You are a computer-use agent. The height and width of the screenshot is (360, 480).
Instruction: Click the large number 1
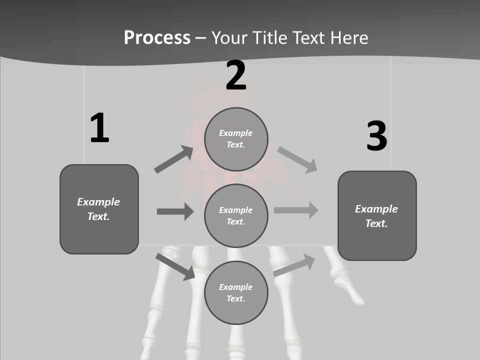tap(99, 128)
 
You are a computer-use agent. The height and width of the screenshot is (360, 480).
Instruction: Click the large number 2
tap(236, 75)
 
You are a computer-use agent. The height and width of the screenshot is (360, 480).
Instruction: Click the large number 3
tap(376, 136)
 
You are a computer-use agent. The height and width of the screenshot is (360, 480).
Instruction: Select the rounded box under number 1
tap(99, 209)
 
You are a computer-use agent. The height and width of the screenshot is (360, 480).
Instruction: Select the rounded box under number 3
tap(377, 216)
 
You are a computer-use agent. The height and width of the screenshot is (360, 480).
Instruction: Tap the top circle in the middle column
tap(236, 139)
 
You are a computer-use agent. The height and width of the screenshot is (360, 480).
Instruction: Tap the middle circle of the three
tap(236, 215)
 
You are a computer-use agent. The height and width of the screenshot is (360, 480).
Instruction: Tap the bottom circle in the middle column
tap(236, 292)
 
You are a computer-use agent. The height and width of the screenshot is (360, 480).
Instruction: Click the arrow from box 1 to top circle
tap(173, 159)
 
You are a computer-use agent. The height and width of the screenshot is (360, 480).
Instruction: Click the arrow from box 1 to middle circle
tap(175, 211)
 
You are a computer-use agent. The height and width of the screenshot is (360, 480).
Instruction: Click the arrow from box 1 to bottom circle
tap(175, 266)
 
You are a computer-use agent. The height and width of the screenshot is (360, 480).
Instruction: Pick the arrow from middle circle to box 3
tap(296, 210)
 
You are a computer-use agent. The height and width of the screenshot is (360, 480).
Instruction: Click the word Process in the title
tap(157, 37)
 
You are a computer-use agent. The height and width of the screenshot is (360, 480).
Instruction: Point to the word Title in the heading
tap(269, 37)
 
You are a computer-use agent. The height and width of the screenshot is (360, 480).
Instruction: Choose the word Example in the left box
tap(98, 202)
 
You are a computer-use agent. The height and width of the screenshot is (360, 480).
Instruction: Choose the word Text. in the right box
tap(376, 223)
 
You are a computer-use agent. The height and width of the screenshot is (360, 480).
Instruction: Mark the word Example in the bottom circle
tap(236, 287)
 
